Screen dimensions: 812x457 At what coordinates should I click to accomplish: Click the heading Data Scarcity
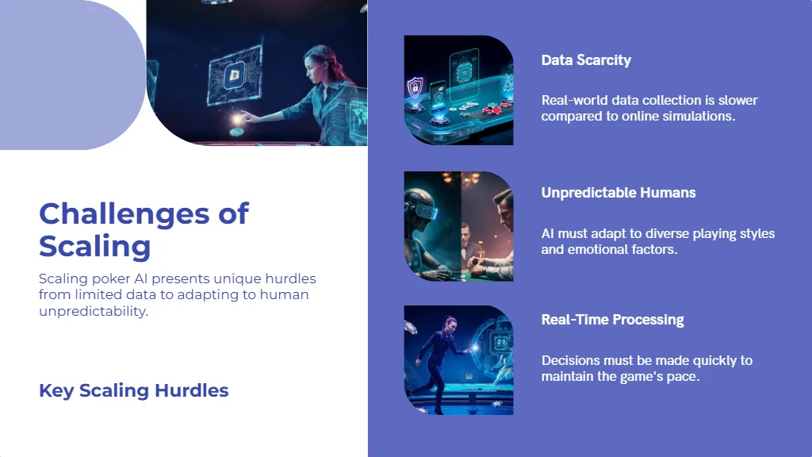click(586, 60)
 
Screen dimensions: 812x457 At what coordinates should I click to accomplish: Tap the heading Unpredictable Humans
click(619, 193)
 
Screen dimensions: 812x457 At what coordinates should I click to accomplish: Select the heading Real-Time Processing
click(613, 320)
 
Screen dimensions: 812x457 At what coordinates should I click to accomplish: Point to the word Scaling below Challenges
click(95, 246)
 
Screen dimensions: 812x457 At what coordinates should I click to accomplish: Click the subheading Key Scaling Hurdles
click(133, 390)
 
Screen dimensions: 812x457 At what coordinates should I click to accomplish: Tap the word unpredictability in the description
click(94, 311)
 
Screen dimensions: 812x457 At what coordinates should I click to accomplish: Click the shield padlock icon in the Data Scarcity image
click(415, 87)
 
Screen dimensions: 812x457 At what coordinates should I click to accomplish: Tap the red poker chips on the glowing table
click(492, 109)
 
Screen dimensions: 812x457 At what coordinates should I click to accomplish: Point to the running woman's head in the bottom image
click(450, 323)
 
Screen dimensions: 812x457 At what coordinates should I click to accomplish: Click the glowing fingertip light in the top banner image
click(238, 119)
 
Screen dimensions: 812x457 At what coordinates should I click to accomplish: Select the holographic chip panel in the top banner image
click(235, 75)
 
